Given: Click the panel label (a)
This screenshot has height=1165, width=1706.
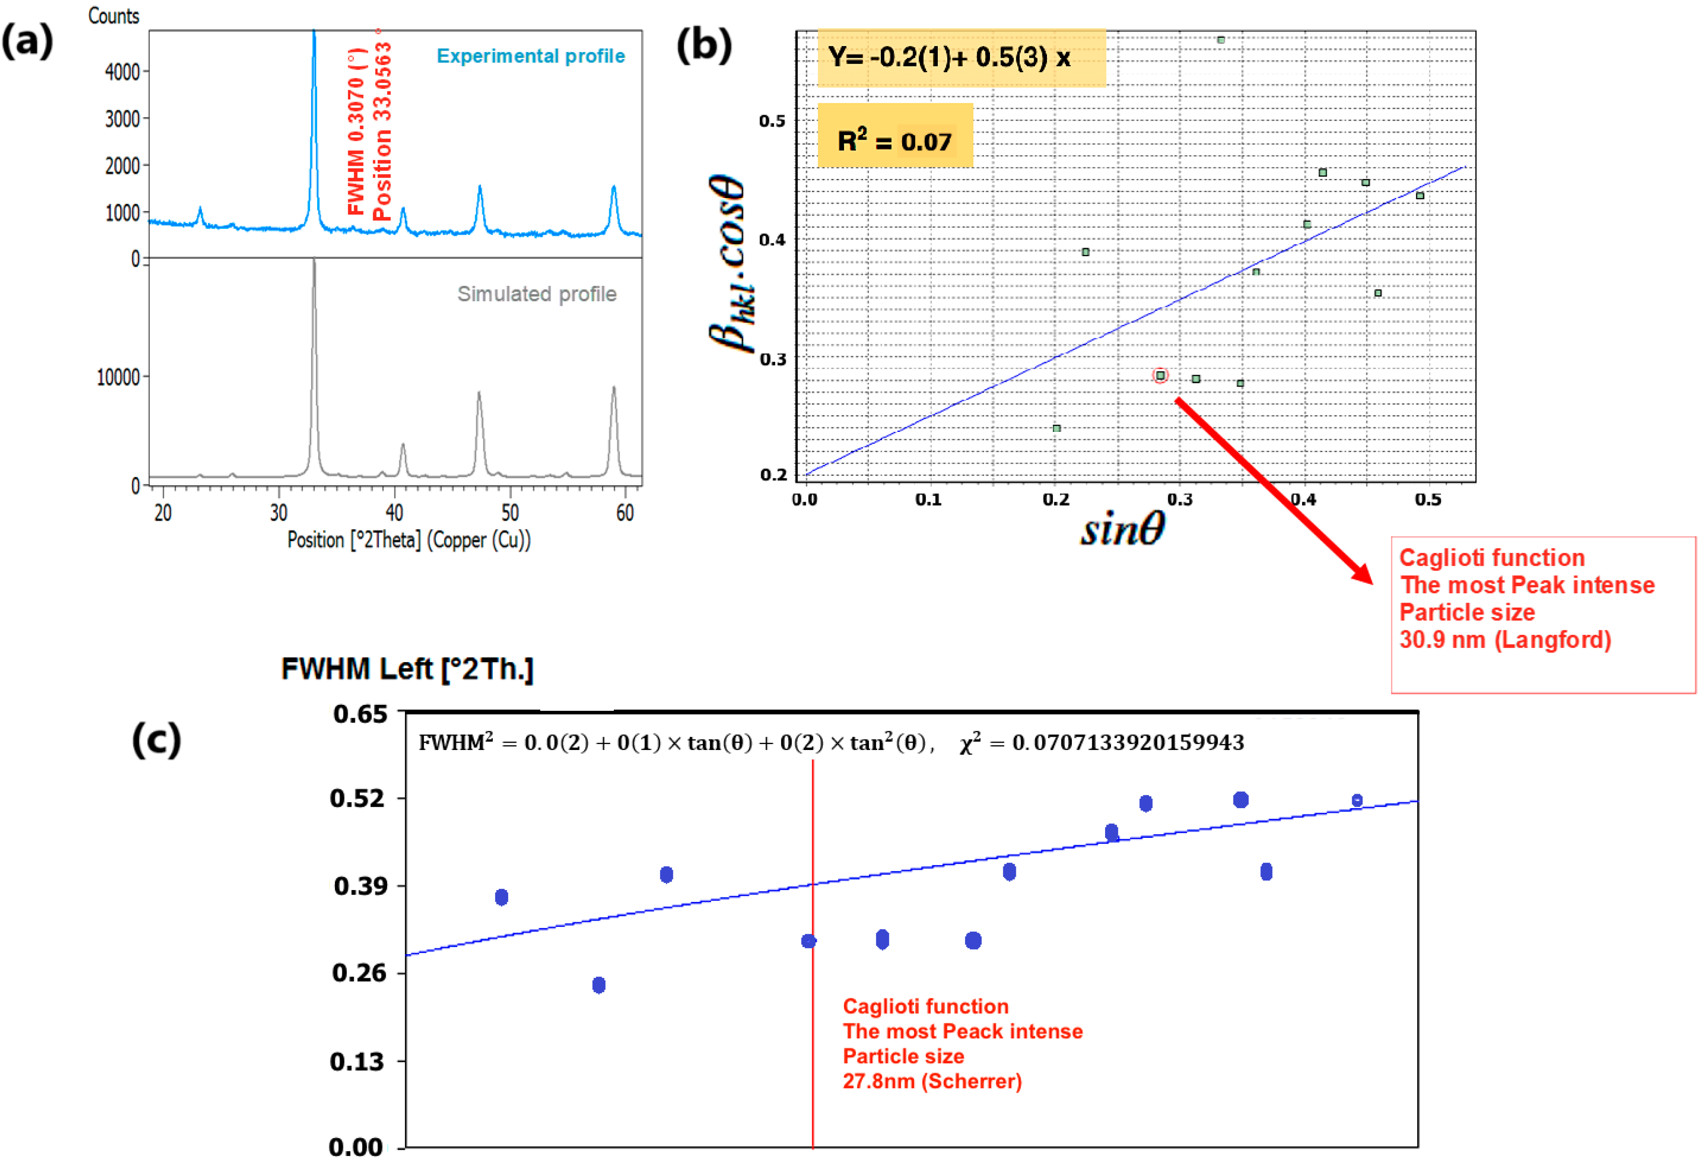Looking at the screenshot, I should tap(27, 40).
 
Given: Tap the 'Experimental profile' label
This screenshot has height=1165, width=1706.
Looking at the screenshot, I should tap(531, 57).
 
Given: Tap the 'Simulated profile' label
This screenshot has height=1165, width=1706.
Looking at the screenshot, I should tap(536, 294).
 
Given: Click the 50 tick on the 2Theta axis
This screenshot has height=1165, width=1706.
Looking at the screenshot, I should tap(510, 512).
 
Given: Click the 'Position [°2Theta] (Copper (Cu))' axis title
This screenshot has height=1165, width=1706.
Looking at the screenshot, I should tap(409, 540).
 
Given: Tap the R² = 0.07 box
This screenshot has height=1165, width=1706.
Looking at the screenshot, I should tap(894, 140).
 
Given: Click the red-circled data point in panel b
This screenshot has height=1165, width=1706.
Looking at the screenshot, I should tap(1160, 376).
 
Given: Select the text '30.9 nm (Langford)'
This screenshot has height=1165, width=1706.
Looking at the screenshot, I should tap(1505, 640).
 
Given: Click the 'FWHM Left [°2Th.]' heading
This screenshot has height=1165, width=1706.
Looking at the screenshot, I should tap(407, 669).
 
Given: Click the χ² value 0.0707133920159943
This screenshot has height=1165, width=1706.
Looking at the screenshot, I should tap(1127, 743).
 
